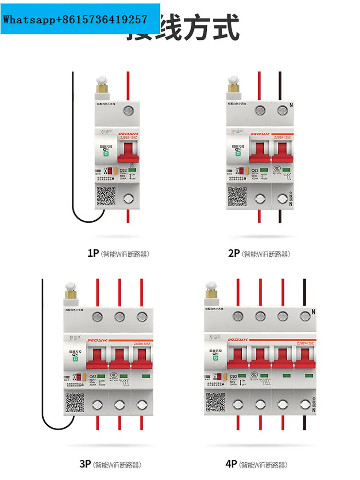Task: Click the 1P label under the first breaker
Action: pyautogui.click(x=93, y=253)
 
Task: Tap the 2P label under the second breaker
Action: pyautogui.click(x=233, y=253)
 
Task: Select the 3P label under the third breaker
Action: pyautogui.click(x=85, y=464)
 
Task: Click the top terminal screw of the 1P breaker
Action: pyautogui.click(x=128, y=111)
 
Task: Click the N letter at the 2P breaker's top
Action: pyautogui.click(x=291, y=105)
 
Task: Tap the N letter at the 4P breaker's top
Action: pyautogui.click(x=313, y=311)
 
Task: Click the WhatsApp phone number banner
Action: pyautogui.click(x=80, y=19)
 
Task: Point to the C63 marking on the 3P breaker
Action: pyautogui.click(x=93, y=377)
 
